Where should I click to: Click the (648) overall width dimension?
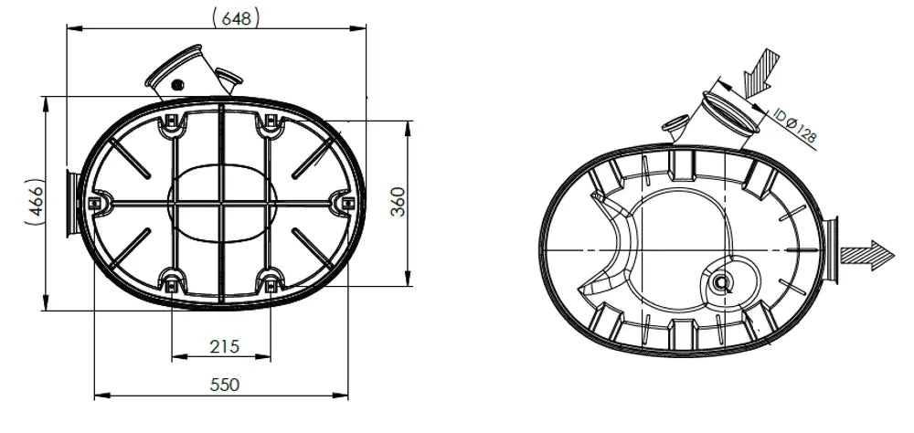tap(236, 17)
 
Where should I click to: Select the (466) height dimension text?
tap(35, 201)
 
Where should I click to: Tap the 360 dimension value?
tap(398, 202)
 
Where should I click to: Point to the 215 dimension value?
tap(225, 347)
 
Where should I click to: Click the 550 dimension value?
tap(225, 385)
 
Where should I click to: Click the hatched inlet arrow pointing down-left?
tap(761, 72)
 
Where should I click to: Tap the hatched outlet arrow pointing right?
tap(866, 255)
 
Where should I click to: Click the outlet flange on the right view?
tap(831, 249)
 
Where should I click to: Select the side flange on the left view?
tap(72, 203)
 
